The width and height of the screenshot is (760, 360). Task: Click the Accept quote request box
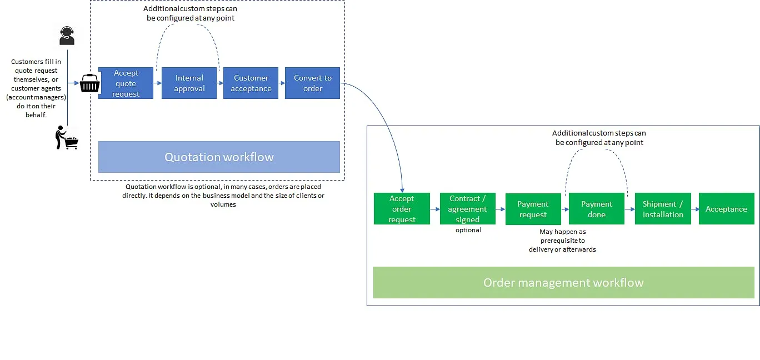click(x=126, y=83)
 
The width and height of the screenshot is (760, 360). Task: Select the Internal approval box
click(x=189, y=83)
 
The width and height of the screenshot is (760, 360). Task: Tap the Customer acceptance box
click(x=251, y=83)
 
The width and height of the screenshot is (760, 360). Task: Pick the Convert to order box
click(x=312, y=83)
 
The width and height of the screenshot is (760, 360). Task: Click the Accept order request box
click(x=402, y=209)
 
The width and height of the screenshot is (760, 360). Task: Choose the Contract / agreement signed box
click(x=468, y=209)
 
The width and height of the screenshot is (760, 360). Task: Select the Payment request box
click(x=533, y=209)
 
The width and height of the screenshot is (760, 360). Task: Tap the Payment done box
click(x=597, y=209)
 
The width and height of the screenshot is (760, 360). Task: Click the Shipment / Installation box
click(x=663, y=209)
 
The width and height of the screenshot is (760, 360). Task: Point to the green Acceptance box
click(x=727, y=209)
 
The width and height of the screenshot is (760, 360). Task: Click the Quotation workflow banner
click(x=219, y=157)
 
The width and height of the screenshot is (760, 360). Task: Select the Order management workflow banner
click(x=563, y=282)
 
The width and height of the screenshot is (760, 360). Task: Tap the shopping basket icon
click(x=89, y=83)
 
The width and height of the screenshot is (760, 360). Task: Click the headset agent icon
click(x=67, y=36)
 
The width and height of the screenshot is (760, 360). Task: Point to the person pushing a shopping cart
click(x=67, y=137)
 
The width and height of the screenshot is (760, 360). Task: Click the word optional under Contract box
click(x=468, y=230)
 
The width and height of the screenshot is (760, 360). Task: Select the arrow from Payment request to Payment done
click(x=565, y=209)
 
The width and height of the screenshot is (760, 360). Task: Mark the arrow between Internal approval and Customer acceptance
click(x=220, y=83)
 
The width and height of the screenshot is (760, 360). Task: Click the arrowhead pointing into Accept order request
click(x=402, y=191)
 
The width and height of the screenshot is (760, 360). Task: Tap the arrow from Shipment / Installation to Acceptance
click(x=695, y=209)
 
